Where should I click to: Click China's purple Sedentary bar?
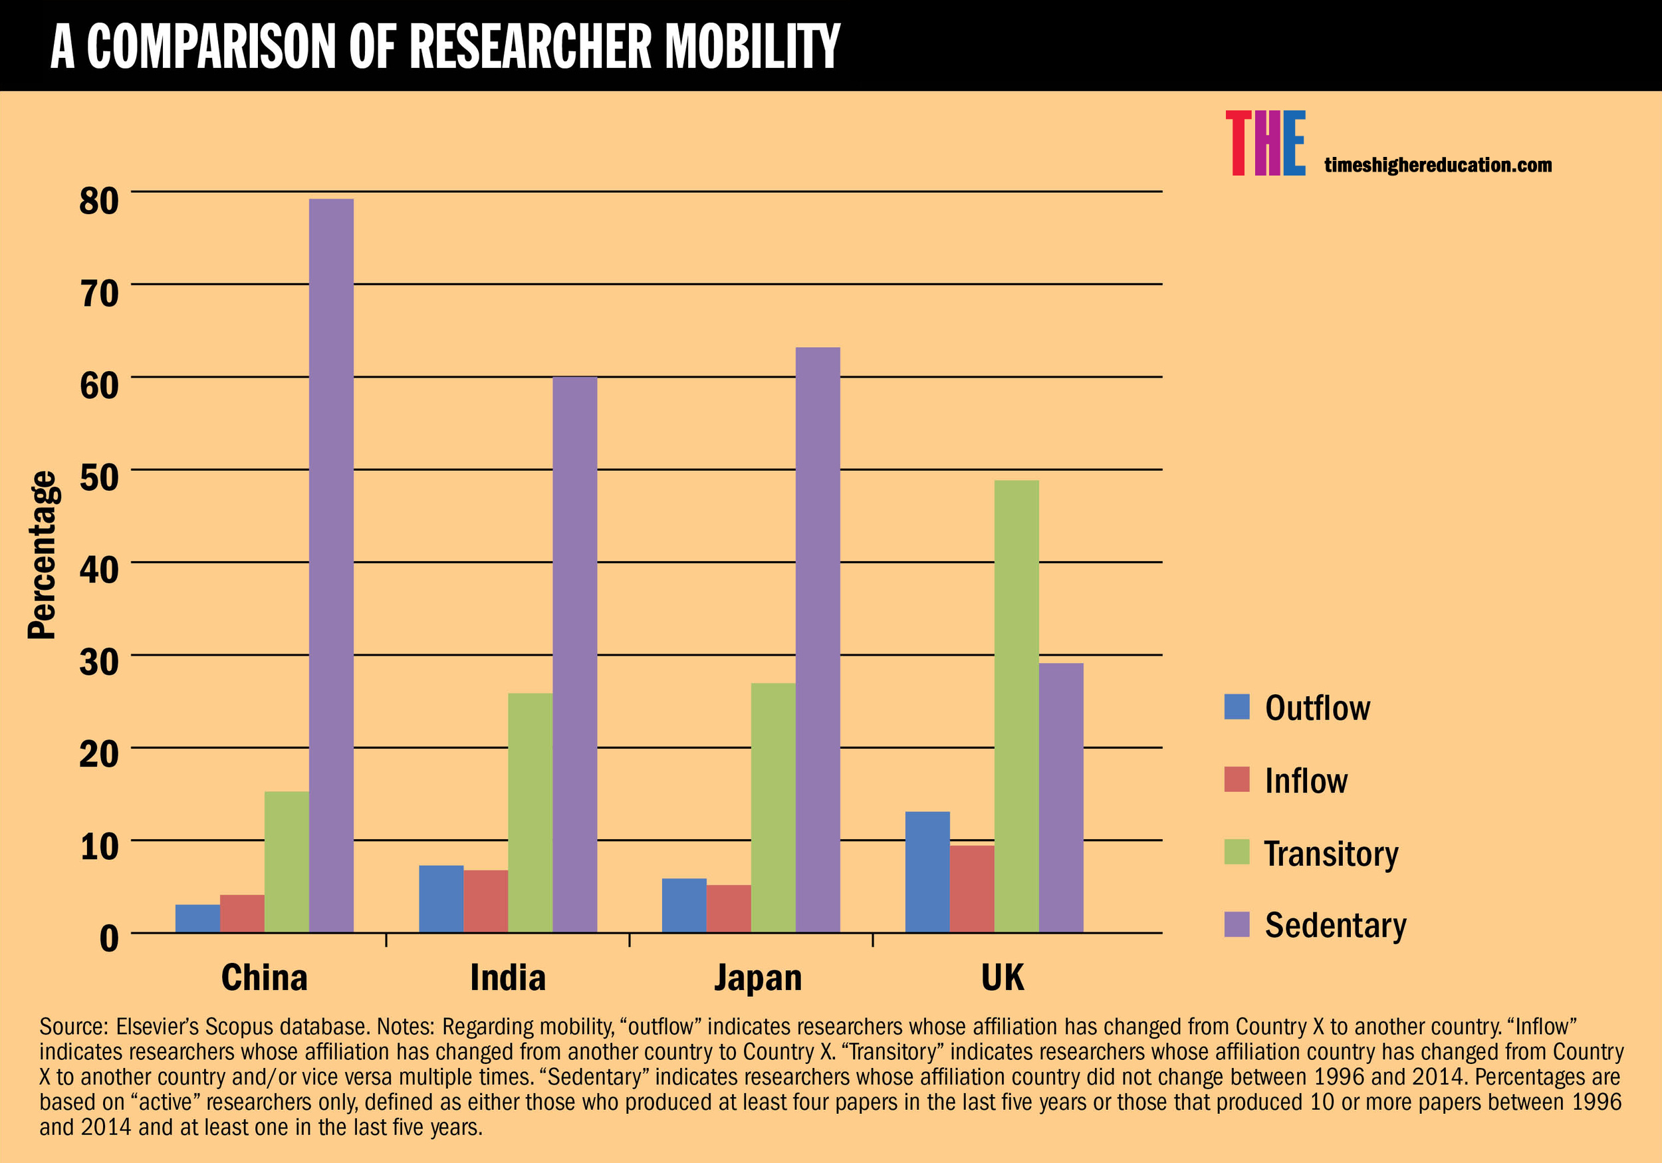click(331, 565)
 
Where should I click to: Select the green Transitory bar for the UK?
click(1016, 706)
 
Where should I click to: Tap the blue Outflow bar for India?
click(441, 899)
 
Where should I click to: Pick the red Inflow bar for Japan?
click(728, 908)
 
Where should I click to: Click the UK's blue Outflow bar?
click(927, 872)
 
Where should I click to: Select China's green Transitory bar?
click(286, 862)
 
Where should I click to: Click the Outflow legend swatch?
click(1237, 707)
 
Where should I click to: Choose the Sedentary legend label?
click(1335, 925)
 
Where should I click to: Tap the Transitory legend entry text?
click(1330, 853)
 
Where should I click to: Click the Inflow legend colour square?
click(1237, 779)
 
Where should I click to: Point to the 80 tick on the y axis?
click(99, 201)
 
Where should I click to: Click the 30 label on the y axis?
click(99, 662)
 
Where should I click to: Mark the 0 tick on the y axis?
click(108, 938)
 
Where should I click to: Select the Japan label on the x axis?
click(758, 977)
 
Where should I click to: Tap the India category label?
click(507, 977)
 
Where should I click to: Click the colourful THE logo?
click(1264, 143)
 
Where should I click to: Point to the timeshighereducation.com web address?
click(1437, 165)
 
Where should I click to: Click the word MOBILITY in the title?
click(752, 47)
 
